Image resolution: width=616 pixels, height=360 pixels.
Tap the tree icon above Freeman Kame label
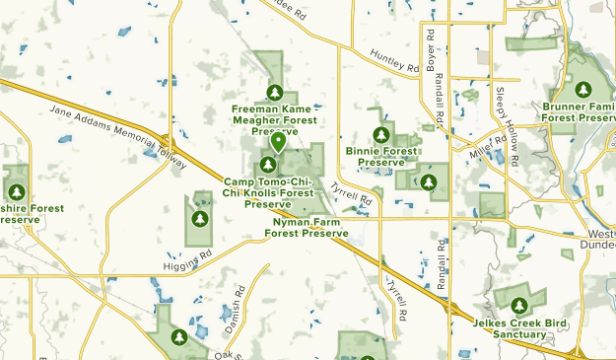[x=274, y=93]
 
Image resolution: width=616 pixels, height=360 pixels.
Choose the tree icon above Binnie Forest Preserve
[x=381, y=134]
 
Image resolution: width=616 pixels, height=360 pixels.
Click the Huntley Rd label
[x=394, y=61]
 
